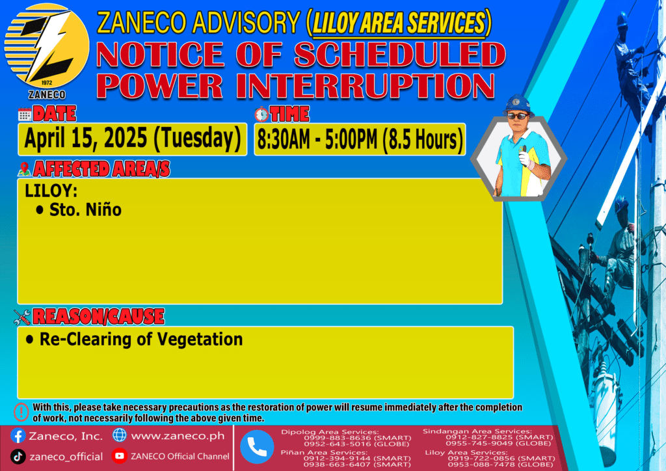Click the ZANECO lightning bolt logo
47,46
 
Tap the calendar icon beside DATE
25,114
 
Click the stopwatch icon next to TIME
261,114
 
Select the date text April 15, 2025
85,139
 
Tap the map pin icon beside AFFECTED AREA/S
24,169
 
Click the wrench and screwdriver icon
22,317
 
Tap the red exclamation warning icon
21,412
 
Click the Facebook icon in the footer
18,436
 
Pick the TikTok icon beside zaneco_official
18,457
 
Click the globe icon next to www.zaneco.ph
120,435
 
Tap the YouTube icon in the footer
120,455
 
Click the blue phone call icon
257,447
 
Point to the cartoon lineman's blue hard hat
518,104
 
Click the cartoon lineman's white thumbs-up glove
525,157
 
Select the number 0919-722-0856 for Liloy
480,459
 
